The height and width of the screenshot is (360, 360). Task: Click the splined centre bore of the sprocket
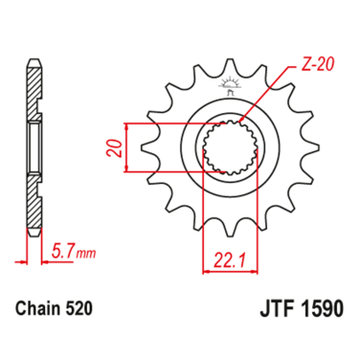[x=228, y=149]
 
